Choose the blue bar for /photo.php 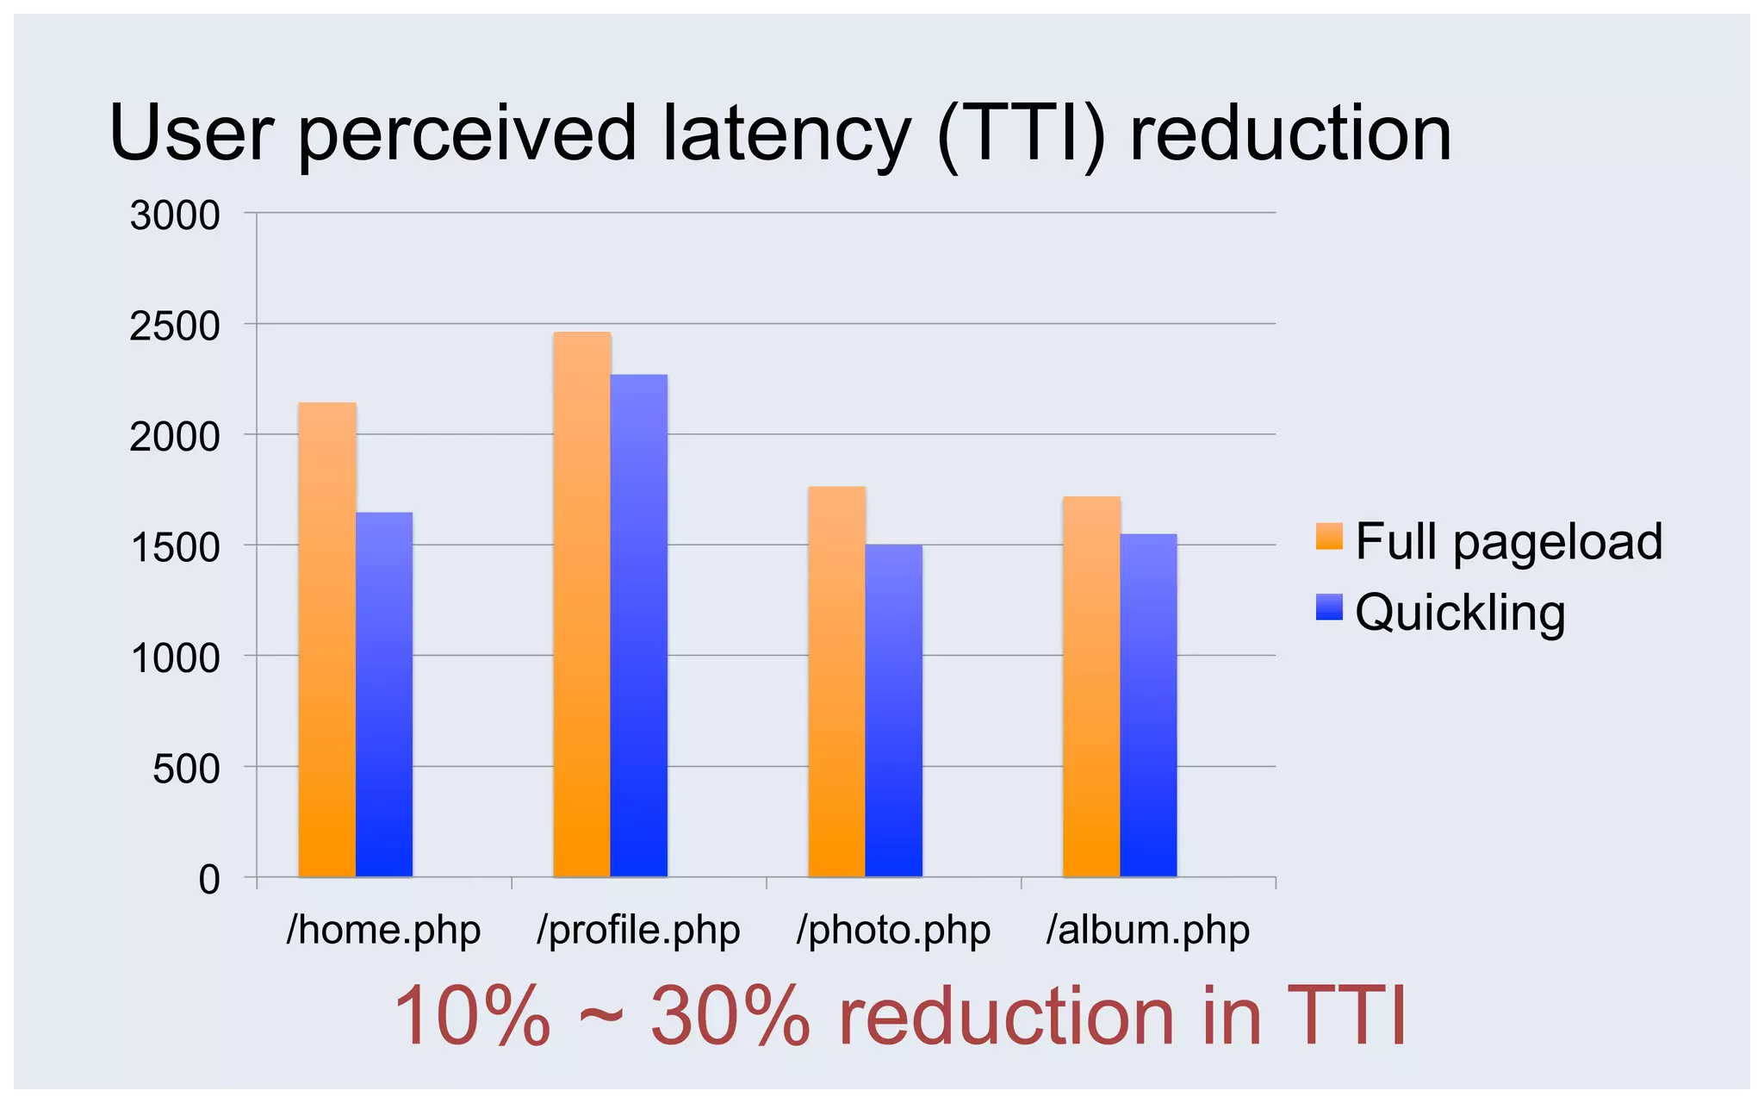click(x=893, y=710)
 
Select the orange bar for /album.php click(x=1091, y=687)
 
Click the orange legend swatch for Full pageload click(x=1329, y=535)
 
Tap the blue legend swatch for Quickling click(x=1329, y=607)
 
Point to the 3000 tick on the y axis click(x=175, y=215)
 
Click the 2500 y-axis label click(x=175, y=327)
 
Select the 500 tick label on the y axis click(x=186, y=769)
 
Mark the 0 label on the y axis click(x=209, y=880)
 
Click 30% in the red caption click(x=730, y=1017)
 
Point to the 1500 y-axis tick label click(x=175, y=548)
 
